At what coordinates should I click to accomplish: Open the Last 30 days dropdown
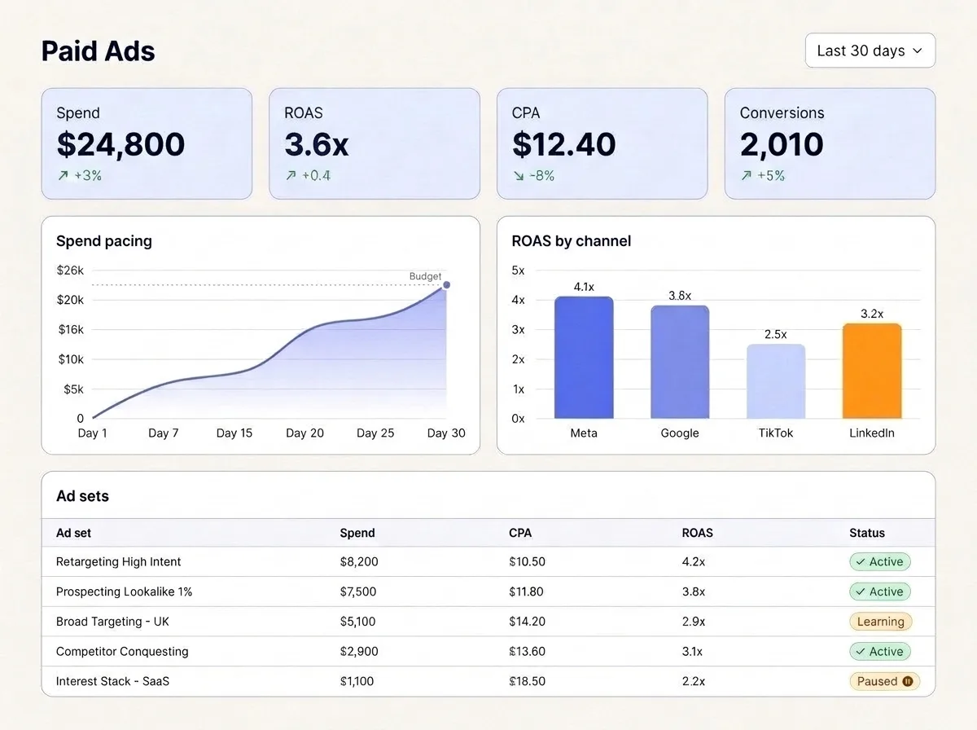870,51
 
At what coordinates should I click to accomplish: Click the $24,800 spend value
120,145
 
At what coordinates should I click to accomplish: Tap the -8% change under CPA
534,175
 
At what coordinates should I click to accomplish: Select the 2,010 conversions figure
782,145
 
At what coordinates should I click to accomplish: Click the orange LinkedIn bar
871,371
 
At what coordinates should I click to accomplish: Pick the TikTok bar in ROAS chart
775,381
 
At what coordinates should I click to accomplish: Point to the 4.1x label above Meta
584,287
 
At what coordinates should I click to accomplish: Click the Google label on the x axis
680,433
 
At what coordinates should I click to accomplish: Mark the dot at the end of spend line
446,285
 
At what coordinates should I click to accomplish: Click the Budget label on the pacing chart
425,276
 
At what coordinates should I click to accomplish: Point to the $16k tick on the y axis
71,330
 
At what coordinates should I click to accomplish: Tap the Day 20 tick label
304,433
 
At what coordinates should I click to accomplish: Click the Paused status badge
884,681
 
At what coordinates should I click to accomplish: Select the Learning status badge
880,622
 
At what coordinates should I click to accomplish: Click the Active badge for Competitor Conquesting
880,651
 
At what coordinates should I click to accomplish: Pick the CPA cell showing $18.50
527,681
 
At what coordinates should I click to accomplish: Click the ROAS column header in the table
697,533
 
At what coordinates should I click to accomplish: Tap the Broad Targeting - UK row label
112,622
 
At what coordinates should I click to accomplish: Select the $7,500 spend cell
358,591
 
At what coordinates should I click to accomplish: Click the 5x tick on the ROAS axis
518,270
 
